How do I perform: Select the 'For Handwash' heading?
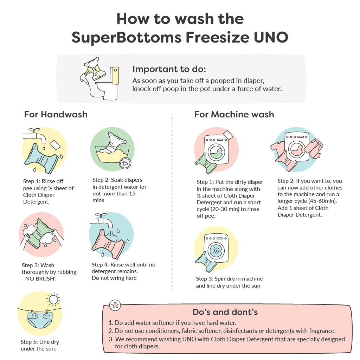pos(56,114)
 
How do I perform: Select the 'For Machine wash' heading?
pos(234,114)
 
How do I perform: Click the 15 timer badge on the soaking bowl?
pos(125,163)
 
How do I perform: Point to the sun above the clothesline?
pos(53,300)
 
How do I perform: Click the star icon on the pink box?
pos(115,305)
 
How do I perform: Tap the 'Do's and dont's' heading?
pos(225,312)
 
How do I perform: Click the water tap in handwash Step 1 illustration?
pos(34,135)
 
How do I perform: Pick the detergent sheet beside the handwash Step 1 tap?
pos(55,144)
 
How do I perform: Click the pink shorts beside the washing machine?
pos(314,148)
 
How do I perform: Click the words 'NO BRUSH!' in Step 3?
pos(40,279)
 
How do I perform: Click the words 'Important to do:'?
pos(169,69)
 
